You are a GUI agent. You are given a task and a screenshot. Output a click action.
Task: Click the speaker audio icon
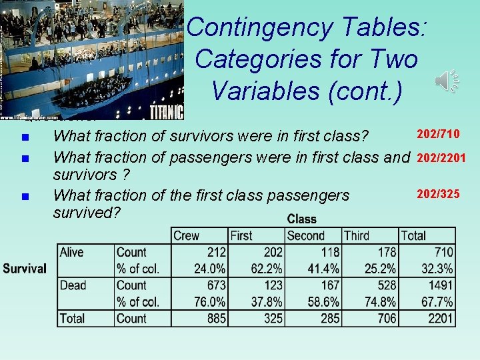447,81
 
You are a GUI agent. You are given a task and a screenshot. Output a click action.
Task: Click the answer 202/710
438,135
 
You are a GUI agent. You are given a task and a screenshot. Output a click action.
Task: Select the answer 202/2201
441,158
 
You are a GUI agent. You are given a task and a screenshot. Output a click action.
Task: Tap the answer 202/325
438,194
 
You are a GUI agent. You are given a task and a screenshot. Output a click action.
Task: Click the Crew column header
186,235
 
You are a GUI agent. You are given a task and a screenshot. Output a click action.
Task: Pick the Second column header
305,235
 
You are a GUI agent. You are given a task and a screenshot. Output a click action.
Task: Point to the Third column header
357,235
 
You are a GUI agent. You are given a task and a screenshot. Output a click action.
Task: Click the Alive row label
73,252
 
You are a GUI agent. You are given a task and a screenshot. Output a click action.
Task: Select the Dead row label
73,285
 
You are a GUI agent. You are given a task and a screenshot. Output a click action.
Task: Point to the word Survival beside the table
25,269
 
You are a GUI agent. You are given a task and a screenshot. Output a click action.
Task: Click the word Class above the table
301,219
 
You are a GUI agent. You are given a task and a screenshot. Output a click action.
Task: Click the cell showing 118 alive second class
328,252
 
